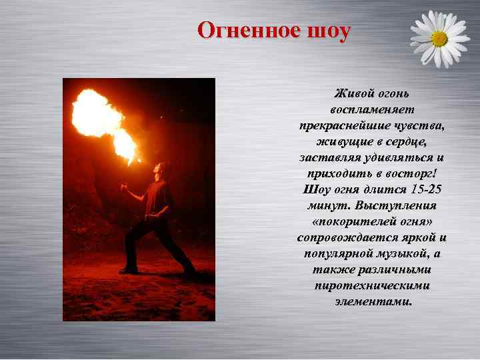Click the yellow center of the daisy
439,39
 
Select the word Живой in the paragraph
351,92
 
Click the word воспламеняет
371,109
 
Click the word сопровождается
341,238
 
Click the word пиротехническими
371,286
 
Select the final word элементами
372,302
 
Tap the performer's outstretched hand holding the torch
123,188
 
